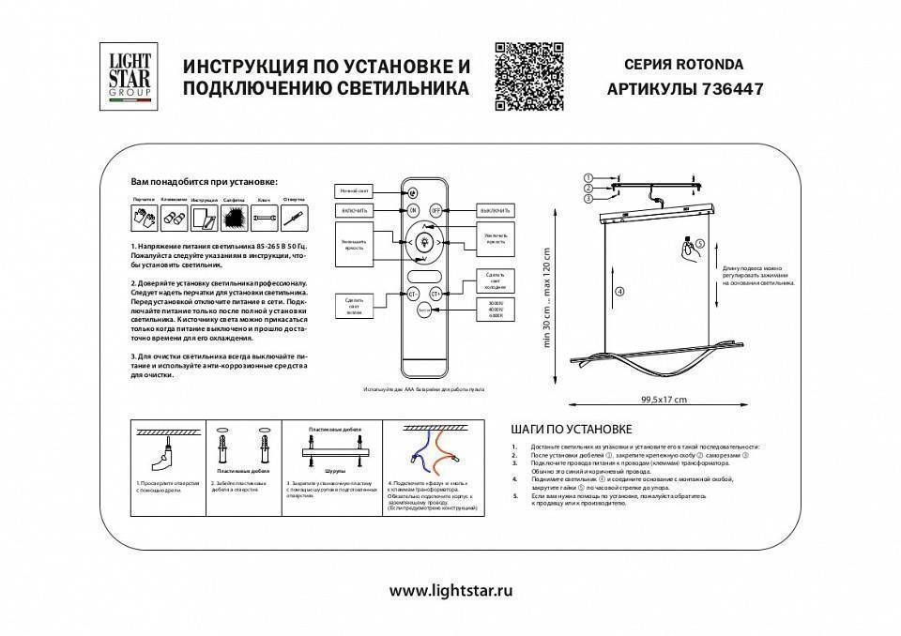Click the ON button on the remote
click(412, 211)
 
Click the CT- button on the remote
click(412, 294)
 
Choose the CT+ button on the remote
click(436, 294)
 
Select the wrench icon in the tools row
click(264, 219)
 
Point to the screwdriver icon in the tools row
click(294, 219)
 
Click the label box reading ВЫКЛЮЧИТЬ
click(494, 211)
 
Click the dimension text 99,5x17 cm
click(664, 399)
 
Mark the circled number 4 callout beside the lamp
click(618, 292)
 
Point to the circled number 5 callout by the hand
click(698, 243)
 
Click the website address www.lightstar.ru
click(450, 591)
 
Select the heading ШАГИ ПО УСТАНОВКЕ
click(571, 429)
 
